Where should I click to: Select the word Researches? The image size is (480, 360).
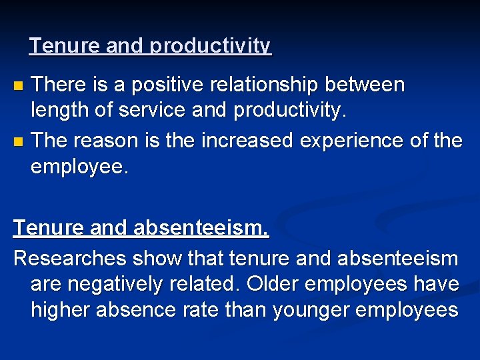pyautogui.click(x=71, y=257)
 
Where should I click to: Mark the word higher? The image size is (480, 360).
pyautogui.click(x=61, y=311)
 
